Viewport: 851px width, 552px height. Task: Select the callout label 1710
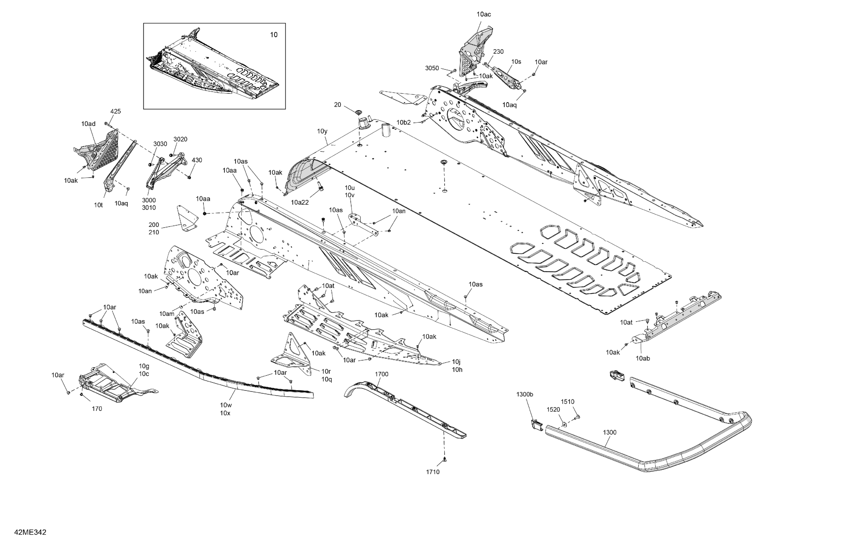click(433, 472)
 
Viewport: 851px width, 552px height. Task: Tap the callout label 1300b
click(524, 394)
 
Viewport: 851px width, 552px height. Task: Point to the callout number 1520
click(553, 409)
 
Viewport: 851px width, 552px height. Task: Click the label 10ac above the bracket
click(483, 14)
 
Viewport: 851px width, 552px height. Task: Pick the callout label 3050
click(432, 68)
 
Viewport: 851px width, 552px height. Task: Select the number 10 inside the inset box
click(273, 35)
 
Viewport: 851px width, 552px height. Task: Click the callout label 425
click(115, 111)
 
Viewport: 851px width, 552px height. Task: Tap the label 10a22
click(300, 202)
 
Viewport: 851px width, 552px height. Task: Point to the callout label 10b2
click(404, 122)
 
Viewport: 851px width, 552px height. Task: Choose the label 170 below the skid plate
click(97, 409)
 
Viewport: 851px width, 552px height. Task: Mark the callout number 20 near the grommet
click(338, 104)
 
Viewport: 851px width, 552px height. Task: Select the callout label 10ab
click(643, 358)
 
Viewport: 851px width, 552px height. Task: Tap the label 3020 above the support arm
click(180, 139)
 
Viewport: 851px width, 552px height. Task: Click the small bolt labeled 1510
click(578, 417)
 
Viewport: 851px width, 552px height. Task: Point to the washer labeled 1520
click(564, 424)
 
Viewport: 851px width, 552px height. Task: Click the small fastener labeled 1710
click(445, 459)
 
